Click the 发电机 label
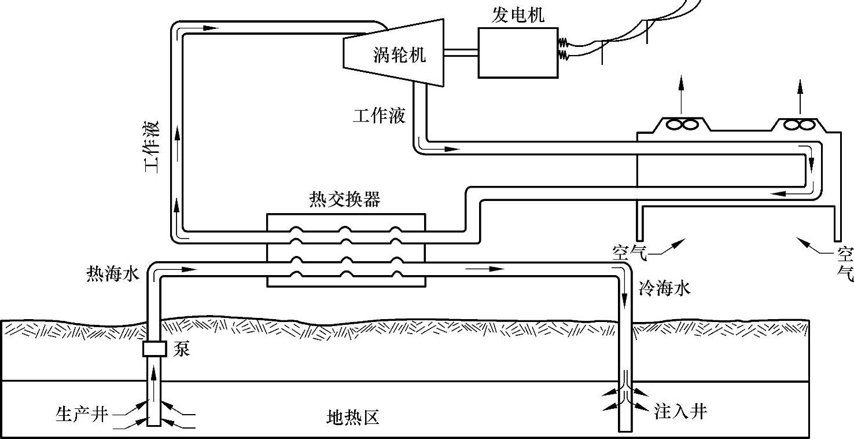[x=518, y=15]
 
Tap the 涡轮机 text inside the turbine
[x=399, y=54]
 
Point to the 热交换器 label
[x=345, y=199]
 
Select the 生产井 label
[x=82, y=414]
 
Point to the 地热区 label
[x=353, y=417]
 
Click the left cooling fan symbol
[x=681, y=125]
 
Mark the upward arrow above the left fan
[x=681, y=93]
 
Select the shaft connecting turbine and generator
[x=460, y=53]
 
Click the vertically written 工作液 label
[x=153, y=147]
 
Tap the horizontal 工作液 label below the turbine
[x=379, y=116]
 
